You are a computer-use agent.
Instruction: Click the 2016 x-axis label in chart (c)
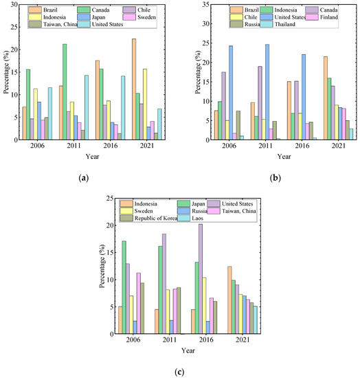(199, 340)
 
